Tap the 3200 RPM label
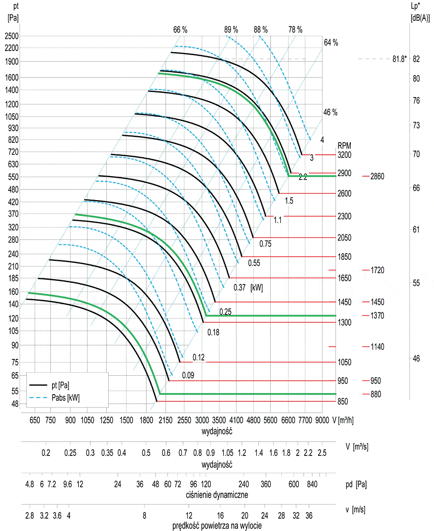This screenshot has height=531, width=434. (345, 154)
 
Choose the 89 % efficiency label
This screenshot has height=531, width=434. (231, 30)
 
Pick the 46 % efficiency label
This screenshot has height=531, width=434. (330, 112)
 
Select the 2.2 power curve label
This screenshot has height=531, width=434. (303, 178)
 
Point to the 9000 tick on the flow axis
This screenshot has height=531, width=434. (322, 420)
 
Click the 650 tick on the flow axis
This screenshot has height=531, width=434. (34, 420)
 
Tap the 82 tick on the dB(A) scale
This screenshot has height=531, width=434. (416, 59)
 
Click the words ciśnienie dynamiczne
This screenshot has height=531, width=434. (218, 495)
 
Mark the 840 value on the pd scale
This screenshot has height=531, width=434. (312, 484)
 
